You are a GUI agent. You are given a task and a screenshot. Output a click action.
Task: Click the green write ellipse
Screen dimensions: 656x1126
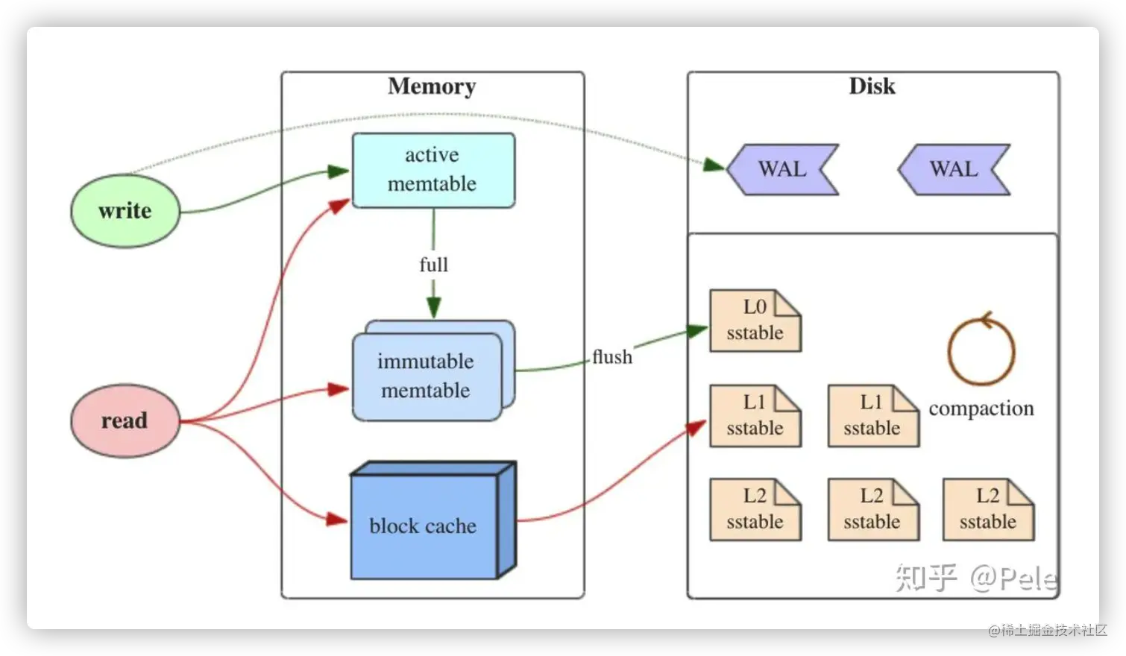[125, 211]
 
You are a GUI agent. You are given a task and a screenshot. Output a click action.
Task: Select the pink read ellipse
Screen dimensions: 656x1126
[125, 420]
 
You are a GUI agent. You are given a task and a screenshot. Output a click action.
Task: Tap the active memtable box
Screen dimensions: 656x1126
[433, 170]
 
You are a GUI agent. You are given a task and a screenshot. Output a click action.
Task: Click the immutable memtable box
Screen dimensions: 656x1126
[427, 376]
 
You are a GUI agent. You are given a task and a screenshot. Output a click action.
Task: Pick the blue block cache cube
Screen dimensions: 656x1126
[424, 526]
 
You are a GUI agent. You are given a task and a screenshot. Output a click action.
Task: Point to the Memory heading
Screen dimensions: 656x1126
[432, 86]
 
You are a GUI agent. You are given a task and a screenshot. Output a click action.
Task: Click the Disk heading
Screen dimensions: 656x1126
[872, 86]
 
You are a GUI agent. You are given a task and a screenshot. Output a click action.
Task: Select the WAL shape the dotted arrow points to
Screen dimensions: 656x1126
[782, 169]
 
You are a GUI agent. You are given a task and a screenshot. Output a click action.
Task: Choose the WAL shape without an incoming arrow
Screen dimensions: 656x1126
[954, 169]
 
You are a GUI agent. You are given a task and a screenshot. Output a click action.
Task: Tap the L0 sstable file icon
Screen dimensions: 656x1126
[755, 321]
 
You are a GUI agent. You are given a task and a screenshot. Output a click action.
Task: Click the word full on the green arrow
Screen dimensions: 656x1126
[434, 265]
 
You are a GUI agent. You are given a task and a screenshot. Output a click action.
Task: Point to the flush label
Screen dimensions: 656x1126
[612, 357]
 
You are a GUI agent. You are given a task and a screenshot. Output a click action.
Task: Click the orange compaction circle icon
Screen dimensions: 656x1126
[981, 350]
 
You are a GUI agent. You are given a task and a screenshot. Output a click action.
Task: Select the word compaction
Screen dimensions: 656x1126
[981, 409]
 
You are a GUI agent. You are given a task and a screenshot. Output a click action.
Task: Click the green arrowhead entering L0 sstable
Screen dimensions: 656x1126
[698, 329]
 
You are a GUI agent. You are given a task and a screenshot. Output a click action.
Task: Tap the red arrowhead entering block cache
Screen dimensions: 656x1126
[338, 519]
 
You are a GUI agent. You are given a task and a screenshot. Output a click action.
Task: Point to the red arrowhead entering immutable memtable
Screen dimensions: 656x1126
[339, 389]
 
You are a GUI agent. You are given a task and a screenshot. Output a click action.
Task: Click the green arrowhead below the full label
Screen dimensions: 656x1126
[434, 307]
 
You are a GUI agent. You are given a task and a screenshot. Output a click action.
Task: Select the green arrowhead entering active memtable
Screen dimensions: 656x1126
[339, 172]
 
